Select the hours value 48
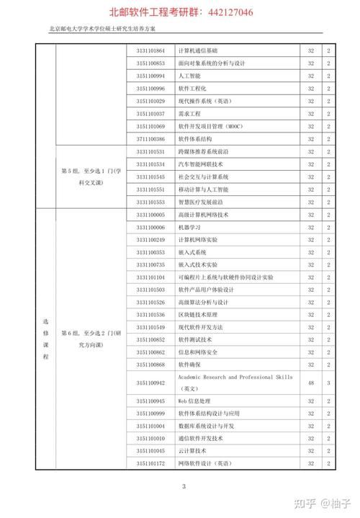tap(311, 383)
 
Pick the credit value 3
tap(328, 383)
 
